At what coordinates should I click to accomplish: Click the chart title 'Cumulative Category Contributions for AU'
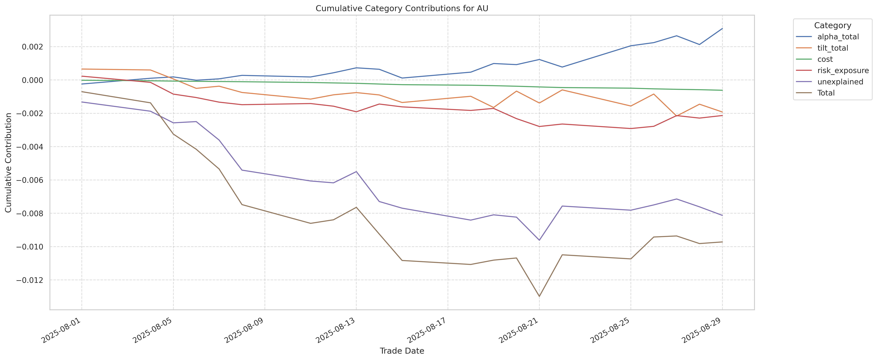coord(402,9)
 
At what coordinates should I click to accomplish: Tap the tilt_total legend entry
coord(832,48)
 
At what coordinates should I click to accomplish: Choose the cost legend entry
coord(825,59)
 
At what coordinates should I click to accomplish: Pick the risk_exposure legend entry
coord(843,70)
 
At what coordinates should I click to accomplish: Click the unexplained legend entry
coord(840,82)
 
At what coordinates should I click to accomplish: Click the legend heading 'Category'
coord(832,26)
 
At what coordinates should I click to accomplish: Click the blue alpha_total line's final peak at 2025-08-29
coord(722,29)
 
